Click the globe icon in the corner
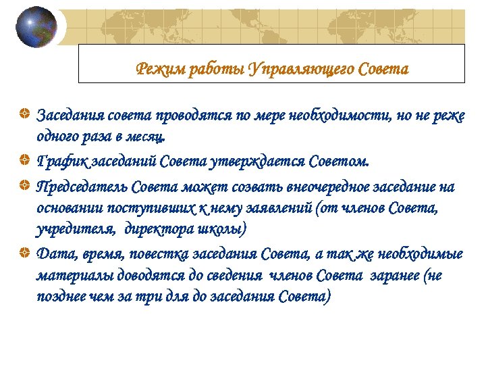point(36,27)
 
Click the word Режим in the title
point(156,69)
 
